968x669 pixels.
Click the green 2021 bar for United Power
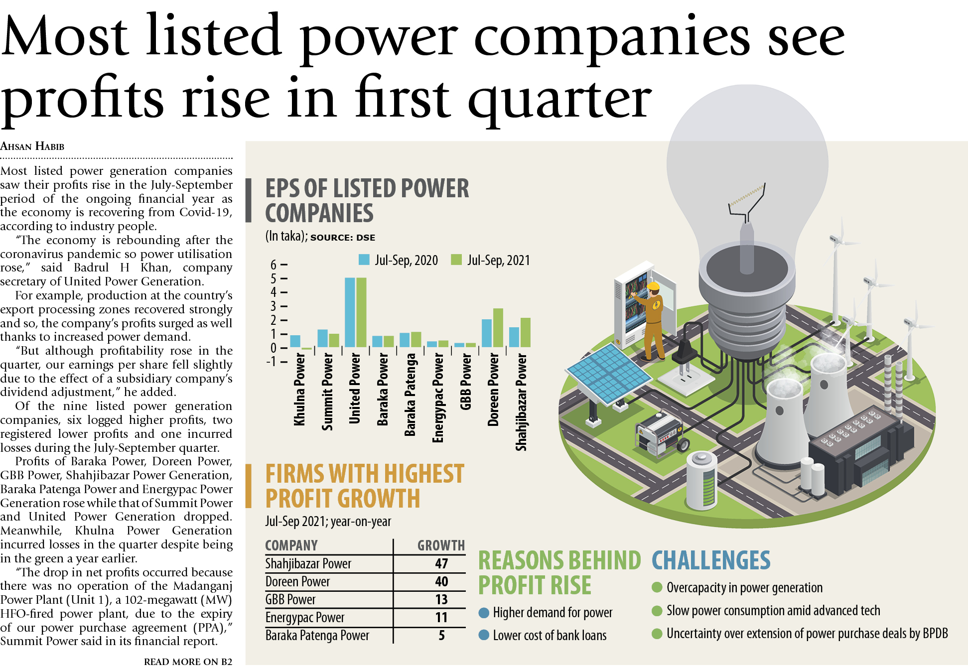click(361, 312)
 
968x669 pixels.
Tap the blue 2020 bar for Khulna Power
click(295, 341)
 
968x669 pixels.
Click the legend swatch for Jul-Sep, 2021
click(456, 260)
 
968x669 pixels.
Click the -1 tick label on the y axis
click(272, 362)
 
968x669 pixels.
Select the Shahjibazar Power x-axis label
click(521, 402)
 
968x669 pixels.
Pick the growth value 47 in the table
click(441, 563)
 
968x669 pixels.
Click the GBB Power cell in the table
click(290, 599)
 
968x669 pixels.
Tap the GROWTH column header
click(441, 545)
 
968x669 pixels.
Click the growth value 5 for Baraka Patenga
click(441, 635)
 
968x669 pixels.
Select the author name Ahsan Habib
click(32, 146)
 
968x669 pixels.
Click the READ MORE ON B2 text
click(188, 662)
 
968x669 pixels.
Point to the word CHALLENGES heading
click(711, 560)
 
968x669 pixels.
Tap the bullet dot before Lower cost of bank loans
click(483, 635)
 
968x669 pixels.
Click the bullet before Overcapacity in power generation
click(657, 588)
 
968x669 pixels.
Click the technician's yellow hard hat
click(653, 286)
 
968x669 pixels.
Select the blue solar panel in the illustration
click(608, 372)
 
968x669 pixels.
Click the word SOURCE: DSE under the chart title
click(343, 238)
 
